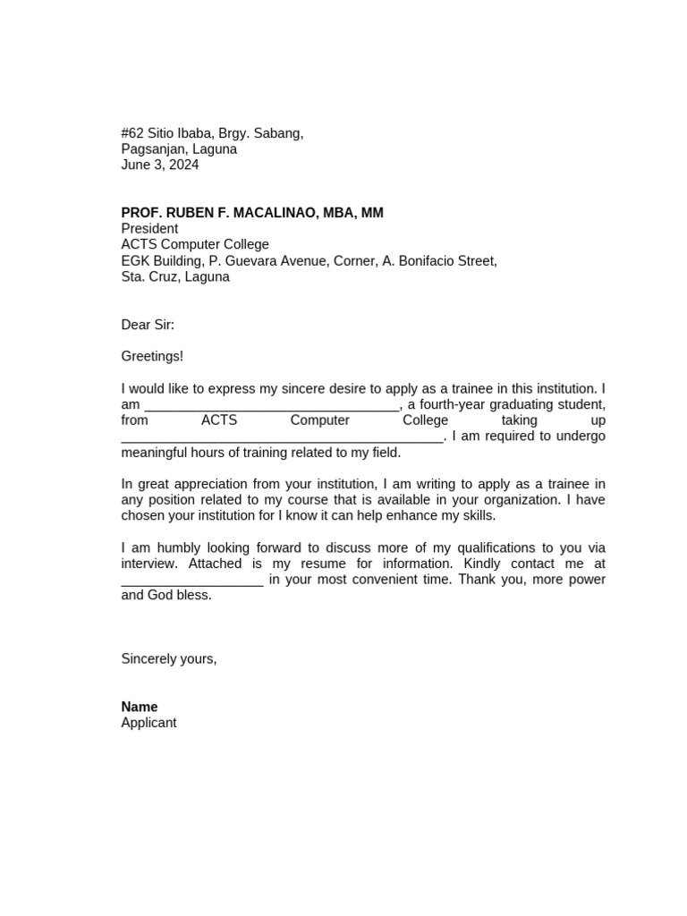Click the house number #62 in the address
[132, 133]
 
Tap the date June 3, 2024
[160, 165]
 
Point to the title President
[149, 229]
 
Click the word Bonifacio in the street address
[428, 261]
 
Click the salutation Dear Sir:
[148, 325]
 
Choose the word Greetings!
[152, 356]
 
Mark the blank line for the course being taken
[282, 438]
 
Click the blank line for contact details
[192, 581]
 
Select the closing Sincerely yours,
[169, 659]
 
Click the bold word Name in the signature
[140, 707]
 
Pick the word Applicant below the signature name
[148, 723]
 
